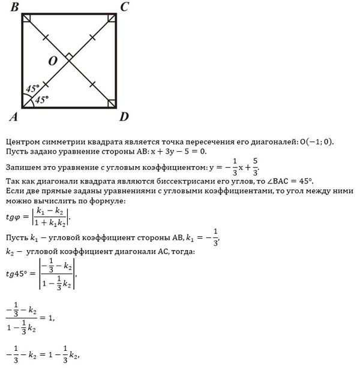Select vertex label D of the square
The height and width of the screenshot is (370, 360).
point(124,116)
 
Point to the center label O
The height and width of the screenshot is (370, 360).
point(53,61)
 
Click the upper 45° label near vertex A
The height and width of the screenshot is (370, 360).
point(33,88)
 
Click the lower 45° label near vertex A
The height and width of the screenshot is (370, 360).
point(42,100)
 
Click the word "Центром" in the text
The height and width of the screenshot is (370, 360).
point(22,142)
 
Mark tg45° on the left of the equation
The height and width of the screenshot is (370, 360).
point(17,273)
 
